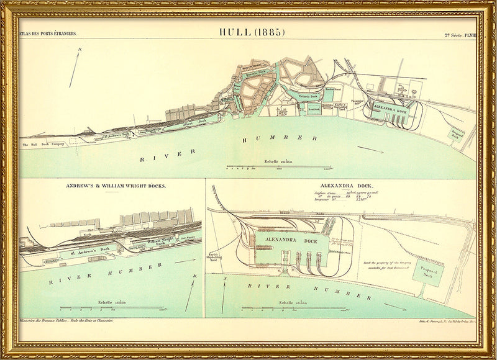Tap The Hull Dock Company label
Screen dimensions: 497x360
(x=43, y=145)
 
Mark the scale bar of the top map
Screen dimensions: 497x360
(x=278, y=167)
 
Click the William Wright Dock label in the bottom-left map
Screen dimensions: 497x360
(x=157, y=243)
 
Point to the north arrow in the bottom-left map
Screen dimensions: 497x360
(x=189, y=292)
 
